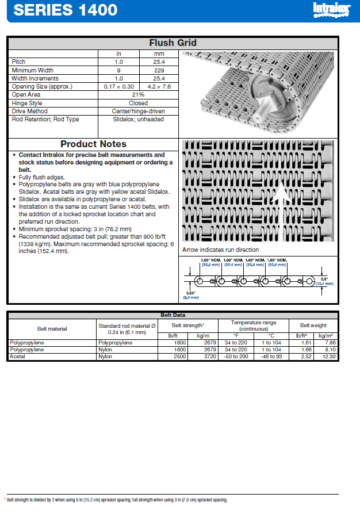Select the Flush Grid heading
(173, 43)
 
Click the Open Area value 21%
(139, 94)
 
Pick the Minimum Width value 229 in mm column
(159, 70)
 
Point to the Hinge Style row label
(27, 103)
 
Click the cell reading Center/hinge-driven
(139, 111)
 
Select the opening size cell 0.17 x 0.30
(119, 86)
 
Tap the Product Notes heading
(93, 144)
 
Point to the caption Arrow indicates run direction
(220, 250)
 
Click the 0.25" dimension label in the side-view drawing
(190, 293)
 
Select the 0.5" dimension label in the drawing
(324, 279)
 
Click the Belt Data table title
(173, 315)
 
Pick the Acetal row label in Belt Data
(17, 357)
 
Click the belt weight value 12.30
(328, 357)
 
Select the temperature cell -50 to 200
(236, 357)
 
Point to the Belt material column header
(52, 329)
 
